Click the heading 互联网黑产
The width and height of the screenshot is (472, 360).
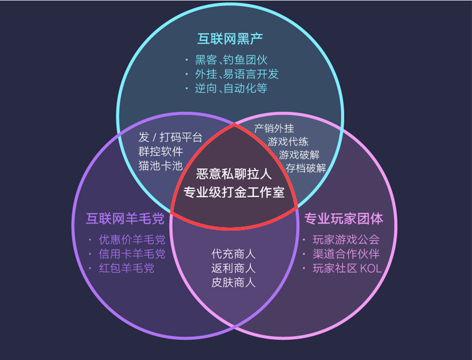click(230, 39)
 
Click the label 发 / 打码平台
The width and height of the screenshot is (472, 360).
click(171, 137)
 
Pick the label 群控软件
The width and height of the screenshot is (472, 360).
click(161, 151)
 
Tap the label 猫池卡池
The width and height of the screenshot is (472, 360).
click(161, 166)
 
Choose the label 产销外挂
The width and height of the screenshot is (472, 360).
click(274, 128)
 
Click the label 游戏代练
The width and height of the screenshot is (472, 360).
click(288, 142)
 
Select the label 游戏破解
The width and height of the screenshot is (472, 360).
click(299, 155)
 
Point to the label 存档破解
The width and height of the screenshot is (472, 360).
click(306, 168)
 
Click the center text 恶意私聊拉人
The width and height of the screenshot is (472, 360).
click(234, 174)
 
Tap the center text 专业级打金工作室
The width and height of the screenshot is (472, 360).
click(234, 192)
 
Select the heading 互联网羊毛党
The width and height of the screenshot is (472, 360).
click(125, 218)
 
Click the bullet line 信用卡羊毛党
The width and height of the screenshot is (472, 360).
click(132, 254)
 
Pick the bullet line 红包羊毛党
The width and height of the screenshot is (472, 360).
click(126, 268)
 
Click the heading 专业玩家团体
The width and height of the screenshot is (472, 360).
click(344, 218)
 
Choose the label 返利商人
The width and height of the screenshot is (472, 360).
click(233, 268)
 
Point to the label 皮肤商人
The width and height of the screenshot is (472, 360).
click(233, 282)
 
